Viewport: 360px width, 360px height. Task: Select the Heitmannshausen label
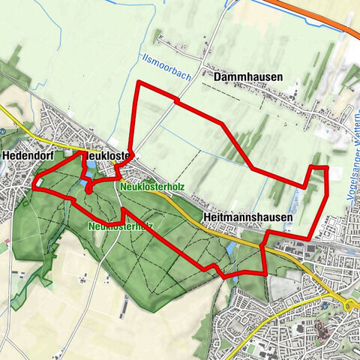pyautogui.click(x=247, y=215)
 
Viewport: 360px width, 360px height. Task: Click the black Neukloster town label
pyautogui.click(x=109, y=155)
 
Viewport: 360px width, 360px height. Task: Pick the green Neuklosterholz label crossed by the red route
pyautogui.click(x=120, y=225)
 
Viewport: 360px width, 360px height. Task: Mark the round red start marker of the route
pyautogui.click(x=88, y=190)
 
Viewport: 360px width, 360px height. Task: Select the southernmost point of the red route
pyautogui.click(x=225, y=277)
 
